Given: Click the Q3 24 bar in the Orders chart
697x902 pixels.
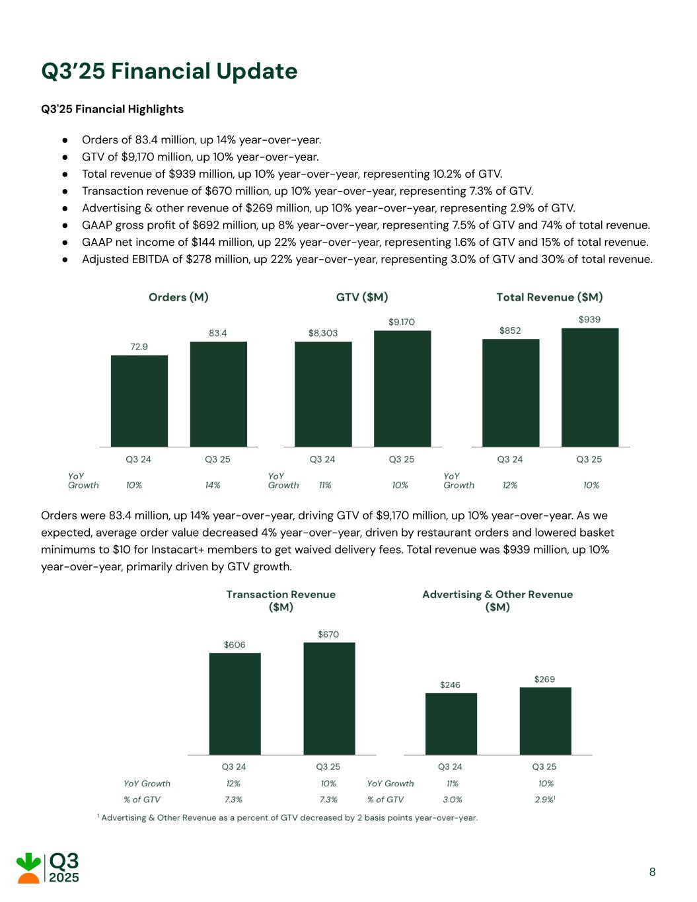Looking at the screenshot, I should click(x=139, y=401).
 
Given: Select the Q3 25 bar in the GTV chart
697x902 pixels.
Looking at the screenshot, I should click(x=402, y=389).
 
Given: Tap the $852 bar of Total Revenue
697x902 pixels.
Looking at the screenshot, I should click(x=510, y=393).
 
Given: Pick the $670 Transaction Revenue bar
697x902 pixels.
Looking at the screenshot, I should click(x=329, y=698).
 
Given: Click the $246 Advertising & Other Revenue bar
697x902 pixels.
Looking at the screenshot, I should click(x=451, y=724).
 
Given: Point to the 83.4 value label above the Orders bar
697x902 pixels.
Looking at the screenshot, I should click(x=218, y=333).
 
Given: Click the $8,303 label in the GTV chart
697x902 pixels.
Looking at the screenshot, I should click(x=323, y=333).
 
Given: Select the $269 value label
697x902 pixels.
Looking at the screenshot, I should click(x=544, y=679).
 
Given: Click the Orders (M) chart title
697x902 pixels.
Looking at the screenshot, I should click(x=178, y=297).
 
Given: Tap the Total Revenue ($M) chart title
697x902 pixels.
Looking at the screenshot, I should click(x=549, y=297).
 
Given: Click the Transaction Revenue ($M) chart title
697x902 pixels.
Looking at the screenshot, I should click(x=281, y=601).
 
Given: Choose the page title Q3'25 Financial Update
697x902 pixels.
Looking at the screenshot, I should click(x=169, y=71).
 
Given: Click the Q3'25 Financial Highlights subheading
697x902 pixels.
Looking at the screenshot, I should click(x=112, y=109).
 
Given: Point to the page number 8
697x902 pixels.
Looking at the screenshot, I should click(x=652, y=872).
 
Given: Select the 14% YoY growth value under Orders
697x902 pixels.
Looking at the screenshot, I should click(x=213, y=485).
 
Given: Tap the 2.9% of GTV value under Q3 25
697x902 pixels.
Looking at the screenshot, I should click(x=544, y=800).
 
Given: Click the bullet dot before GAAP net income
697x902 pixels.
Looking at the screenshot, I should click(x=65, y=243).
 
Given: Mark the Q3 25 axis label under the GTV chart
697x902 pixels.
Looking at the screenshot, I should click(x=402, y=459).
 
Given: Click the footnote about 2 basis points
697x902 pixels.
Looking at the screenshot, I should click(x=288, y=818).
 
